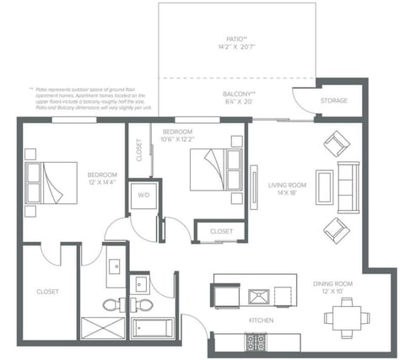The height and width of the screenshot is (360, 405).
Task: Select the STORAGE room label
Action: click(334, 101)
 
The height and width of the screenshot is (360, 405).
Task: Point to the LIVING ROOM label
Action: click(286, 187)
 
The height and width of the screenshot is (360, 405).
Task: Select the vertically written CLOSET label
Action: click(139, 149)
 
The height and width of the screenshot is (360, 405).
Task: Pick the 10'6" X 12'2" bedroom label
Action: click(179, 137)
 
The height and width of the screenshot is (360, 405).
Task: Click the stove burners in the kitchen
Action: click(255, 341)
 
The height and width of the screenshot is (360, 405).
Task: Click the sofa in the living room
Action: click(348, 187)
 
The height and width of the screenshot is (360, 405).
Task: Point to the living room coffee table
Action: click(325, 187)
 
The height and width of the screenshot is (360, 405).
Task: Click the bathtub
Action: click(153, 327)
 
